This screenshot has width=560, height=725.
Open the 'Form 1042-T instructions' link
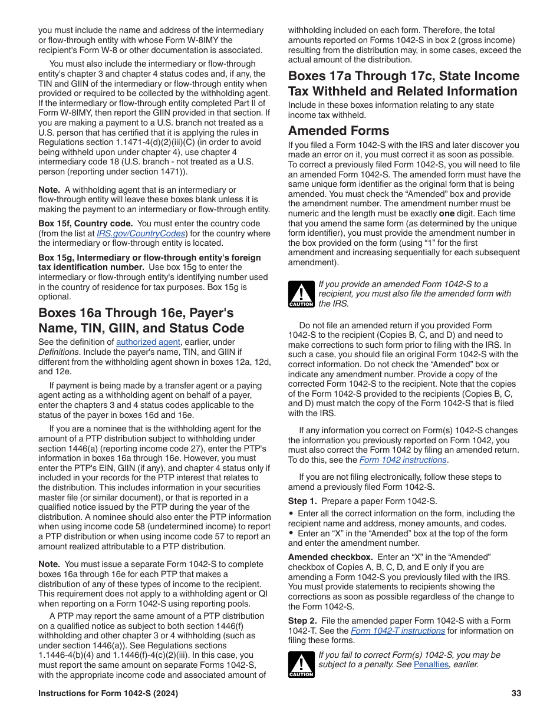pos(398,631)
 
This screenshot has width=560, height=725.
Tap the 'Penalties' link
pos(431,664)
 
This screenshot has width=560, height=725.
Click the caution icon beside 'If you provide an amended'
pos(301,294)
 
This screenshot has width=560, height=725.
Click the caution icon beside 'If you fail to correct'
pos(301,664)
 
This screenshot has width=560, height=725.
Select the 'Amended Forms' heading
pos(338,131)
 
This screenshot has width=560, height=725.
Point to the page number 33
pos(516,694)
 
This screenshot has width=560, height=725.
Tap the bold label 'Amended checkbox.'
pos(330,557)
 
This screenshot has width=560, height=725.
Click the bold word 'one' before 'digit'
pos(447,213)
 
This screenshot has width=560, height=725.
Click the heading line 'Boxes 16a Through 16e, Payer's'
pos(136,313)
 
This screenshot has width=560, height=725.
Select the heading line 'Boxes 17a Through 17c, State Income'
pos(403,76)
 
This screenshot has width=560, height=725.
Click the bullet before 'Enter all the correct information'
pos(291,513)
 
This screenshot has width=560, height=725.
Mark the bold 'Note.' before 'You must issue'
pos(50,565)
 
